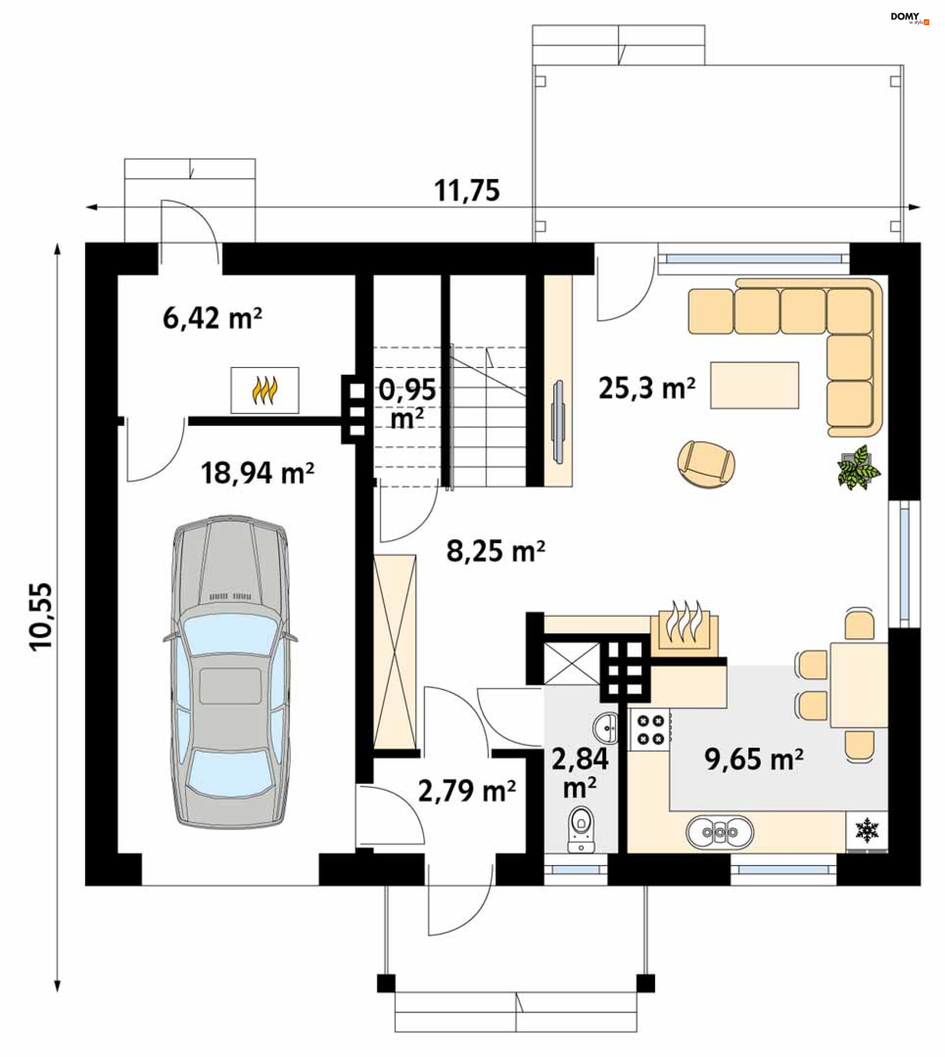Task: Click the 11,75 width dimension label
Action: coord(467,190)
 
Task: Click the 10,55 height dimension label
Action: coord(41,616)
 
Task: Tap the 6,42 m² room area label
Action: coord(212,318)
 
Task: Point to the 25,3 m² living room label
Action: coord(647,388)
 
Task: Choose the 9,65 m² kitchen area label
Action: coord(754,759)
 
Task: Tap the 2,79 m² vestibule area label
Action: coord(467,791)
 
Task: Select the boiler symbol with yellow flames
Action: coord(265,390)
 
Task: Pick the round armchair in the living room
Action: coord(706,465)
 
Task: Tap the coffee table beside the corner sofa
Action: coord(755,385)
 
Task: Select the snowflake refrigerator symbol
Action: coord(867,831)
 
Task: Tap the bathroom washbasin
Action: coord(606,728)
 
